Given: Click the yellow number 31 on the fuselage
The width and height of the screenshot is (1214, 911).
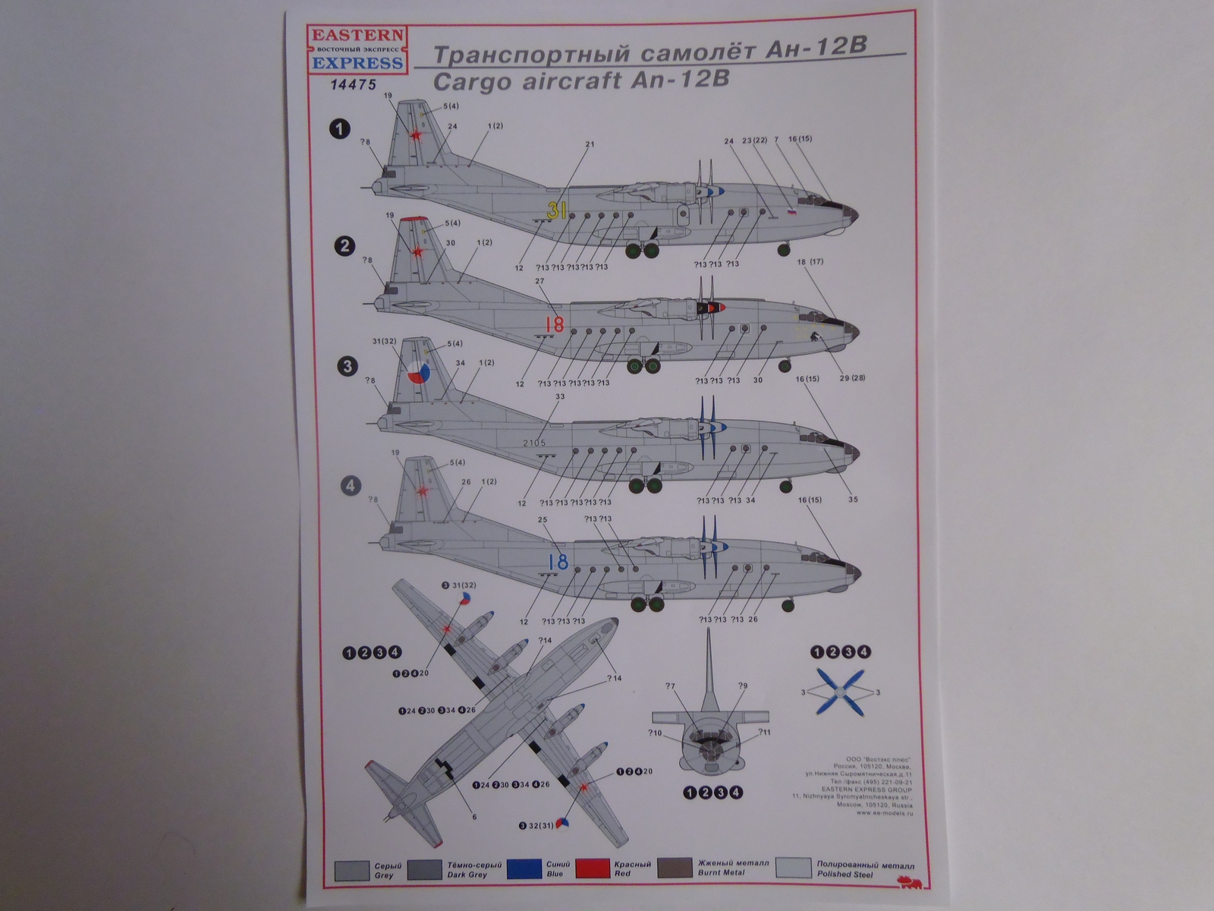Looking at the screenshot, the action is (557, 212).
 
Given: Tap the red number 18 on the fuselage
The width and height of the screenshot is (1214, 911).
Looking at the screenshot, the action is (555, 325).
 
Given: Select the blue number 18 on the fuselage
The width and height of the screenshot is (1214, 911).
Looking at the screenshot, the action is (558, 563).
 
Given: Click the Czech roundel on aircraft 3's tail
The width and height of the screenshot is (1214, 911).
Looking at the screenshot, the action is (417, 374).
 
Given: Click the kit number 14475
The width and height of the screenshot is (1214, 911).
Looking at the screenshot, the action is (354, 85).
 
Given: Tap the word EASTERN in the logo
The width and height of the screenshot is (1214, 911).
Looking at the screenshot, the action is (357, 35).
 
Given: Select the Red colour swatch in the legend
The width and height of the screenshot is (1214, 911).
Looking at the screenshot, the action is (593, 868).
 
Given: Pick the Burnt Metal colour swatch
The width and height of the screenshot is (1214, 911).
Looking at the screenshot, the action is (675, 868).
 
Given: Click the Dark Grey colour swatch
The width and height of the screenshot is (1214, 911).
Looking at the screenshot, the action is (425, 868).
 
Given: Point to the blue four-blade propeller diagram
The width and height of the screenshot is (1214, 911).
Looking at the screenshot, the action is (841, 692).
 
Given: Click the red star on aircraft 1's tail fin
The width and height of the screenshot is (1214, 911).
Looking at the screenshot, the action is (416, 135).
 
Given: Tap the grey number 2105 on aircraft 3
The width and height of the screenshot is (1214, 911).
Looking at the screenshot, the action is (534, 443).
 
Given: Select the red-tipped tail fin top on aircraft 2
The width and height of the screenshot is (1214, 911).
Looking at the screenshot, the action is (411, 219).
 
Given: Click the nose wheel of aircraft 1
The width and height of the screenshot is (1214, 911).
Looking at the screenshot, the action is (783, 249).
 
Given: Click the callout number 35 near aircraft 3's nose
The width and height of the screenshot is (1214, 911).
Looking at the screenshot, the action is (853, 500).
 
